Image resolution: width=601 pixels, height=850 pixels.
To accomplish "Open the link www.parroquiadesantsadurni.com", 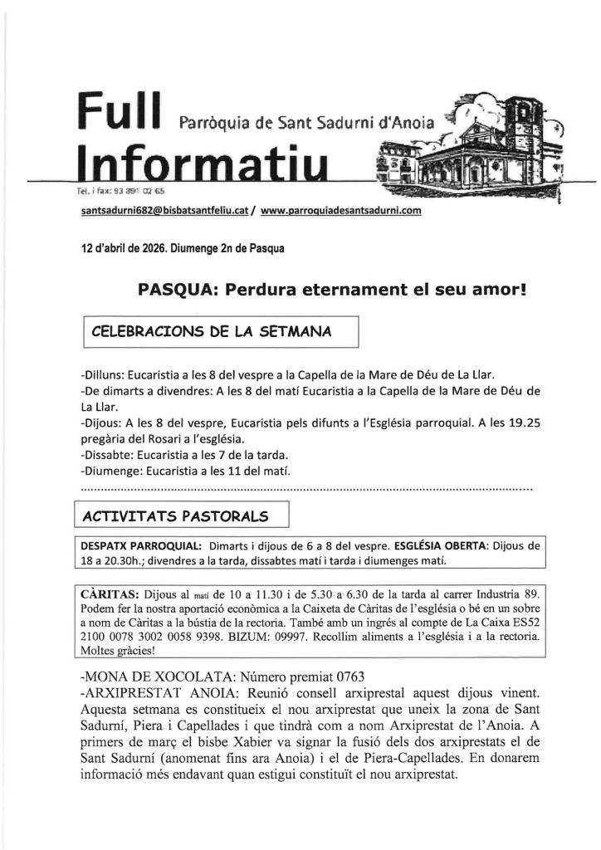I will tap(340, 211).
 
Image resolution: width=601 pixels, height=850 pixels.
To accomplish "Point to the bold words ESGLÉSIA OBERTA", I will tap(442, 546).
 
